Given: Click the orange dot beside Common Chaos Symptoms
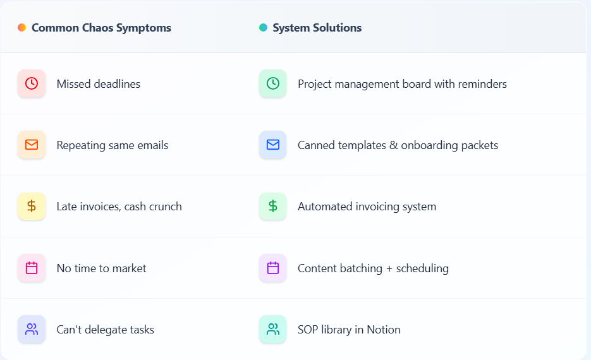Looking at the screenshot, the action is (21, 28).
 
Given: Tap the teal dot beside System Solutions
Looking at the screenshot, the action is (263, 28).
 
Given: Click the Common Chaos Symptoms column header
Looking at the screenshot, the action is (101, 28).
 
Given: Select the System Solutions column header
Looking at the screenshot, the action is (317, 28).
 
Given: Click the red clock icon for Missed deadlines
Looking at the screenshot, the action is (32, 83).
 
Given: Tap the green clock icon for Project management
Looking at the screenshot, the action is (272, 83).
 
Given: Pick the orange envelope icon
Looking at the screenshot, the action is (32, 145).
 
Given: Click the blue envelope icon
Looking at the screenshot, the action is (272, 145).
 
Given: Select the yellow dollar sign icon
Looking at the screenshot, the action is (32, 206).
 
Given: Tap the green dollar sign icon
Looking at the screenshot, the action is (272, 206).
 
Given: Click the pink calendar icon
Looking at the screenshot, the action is (32, 268).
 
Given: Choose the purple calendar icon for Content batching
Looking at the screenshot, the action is (272, 268).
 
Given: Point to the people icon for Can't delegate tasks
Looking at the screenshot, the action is (32, 329).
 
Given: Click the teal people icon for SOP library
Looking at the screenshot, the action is (272, 329).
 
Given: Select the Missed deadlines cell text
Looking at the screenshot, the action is (98, 84).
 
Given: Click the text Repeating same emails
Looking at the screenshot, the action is (112, 145).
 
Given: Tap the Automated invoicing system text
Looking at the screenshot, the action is (367, 207).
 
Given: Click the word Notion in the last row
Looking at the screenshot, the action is (384, 330).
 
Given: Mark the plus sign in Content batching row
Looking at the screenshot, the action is (389, 268).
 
